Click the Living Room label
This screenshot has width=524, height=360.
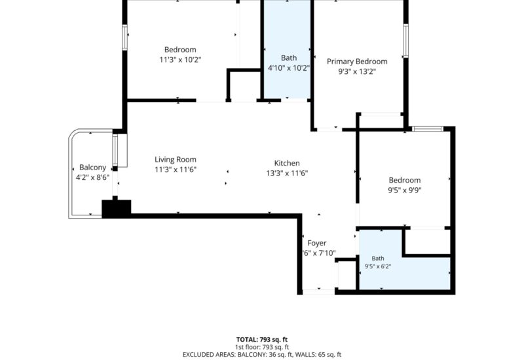176,160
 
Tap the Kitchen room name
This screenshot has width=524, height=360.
287,163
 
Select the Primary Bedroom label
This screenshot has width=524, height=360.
357,62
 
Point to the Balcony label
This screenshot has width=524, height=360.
92,168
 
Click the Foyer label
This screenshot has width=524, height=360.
317,243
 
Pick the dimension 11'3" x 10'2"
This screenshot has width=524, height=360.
180,60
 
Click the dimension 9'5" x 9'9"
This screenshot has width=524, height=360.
404,190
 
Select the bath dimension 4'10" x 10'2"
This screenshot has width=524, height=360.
289,68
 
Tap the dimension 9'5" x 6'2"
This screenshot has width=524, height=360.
378,266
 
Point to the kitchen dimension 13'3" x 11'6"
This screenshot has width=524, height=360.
287,173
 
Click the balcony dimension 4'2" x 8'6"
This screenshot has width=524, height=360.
92,177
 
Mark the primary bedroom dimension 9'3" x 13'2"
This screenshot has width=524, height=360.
357,71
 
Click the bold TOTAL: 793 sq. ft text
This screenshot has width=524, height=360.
261,340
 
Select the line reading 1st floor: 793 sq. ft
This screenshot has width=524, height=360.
261,348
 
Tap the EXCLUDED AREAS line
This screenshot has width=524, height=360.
261,355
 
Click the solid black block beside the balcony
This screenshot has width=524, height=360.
117,209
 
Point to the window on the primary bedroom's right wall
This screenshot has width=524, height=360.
405,41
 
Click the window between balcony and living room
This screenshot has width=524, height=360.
115,151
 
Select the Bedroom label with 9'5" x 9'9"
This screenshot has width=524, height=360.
404,181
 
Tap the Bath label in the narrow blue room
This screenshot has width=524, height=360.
289,58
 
